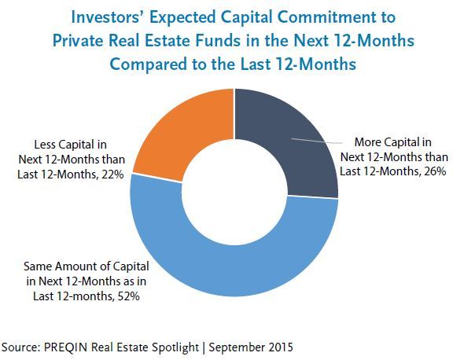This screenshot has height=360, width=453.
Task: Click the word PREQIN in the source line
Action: coord(65,347)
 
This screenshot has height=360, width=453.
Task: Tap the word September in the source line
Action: coord(236,347)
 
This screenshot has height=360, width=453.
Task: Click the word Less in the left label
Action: coord(43,145)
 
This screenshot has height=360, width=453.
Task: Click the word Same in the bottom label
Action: coord(38,266)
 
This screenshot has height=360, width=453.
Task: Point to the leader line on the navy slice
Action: coord(317,141)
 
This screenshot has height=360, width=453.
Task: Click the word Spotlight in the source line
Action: coord(175,347)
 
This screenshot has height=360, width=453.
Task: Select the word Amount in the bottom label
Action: coord(73,266)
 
